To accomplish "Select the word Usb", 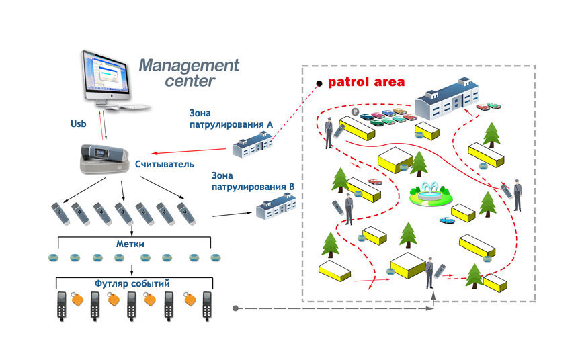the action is (x=78, y=124).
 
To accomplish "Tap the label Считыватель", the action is (x=165, y=164).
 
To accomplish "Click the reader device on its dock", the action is (x=105, y=159).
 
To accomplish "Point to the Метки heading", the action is (x=130, y=244).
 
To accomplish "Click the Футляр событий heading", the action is (x=132, y=283).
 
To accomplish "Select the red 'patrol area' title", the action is (x=366, y=82).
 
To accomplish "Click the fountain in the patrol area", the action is (x=431, y=194).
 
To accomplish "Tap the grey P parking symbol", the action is (x=355, y=111).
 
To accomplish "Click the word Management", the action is (x=189, y=66).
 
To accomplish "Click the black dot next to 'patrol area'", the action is (x=319, y=84).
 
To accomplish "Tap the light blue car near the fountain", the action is (x=447, y=220).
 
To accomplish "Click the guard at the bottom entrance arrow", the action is (x=429, y=273).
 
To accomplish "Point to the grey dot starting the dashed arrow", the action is (x=235, y=308).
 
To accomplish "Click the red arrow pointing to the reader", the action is (x=188, y=151).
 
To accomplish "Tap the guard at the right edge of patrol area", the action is (x=518, y=195).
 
